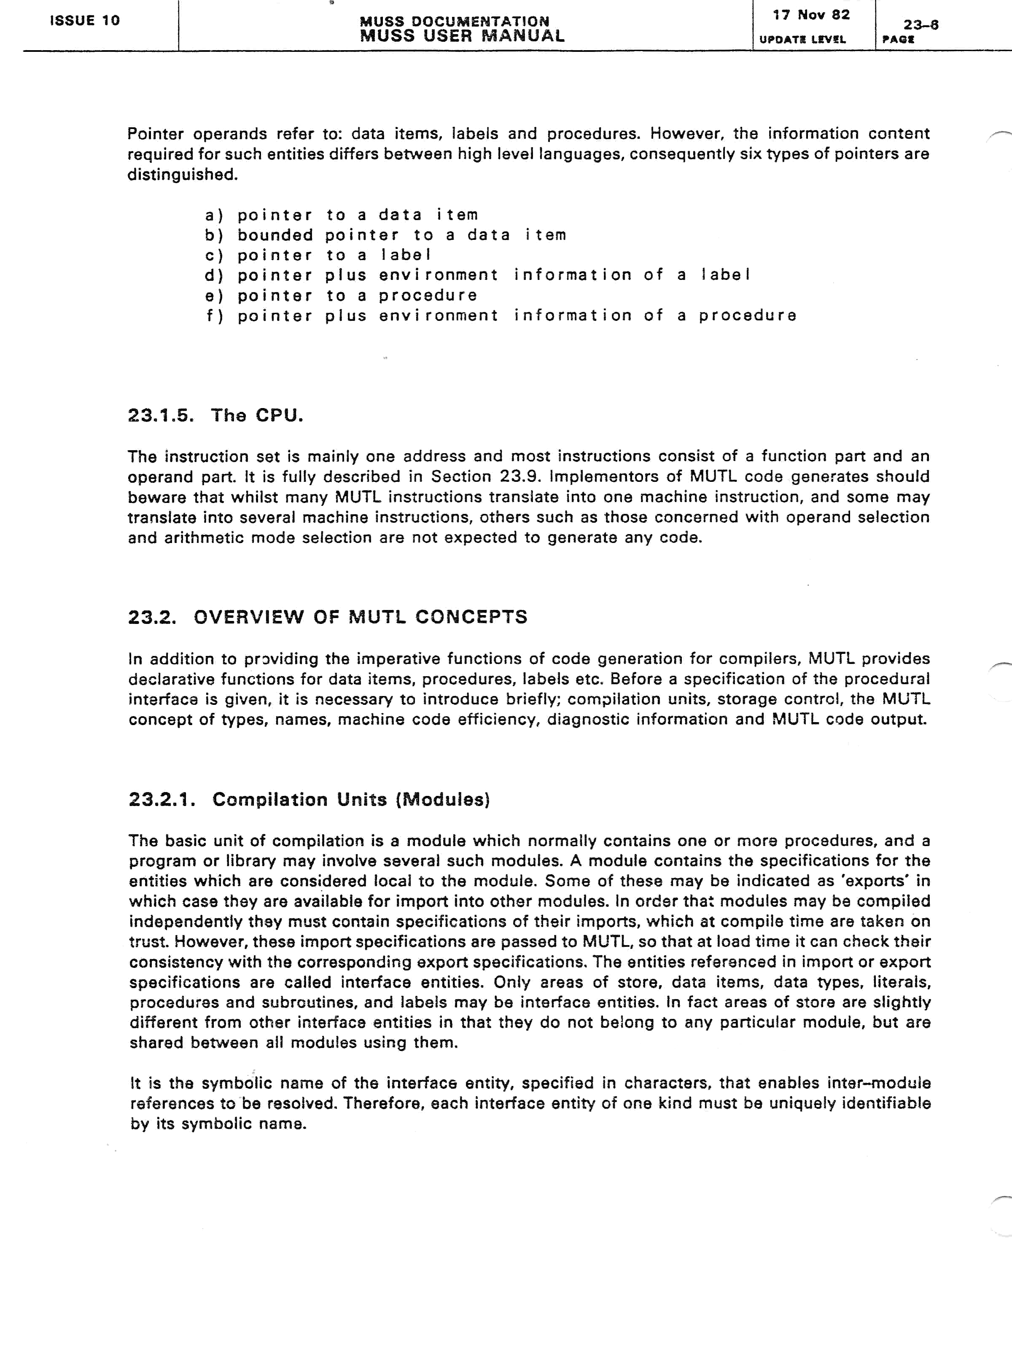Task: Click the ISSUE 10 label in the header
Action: [x=85, y=20]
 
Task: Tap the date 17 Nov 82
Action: [x=811, y=15]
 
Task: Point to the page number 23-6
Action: [x=920, y=25]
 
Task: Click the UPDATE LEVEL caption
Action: [x=802, y=40]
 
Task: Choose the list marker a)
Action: [x=214, y=215]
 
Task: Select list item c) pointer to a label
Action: [x=318, y=255]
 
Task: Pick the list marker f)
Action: [x=214, y=316]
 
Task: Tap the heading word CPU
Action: [x=279, y=416]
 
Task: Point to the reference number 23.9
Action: [x=522, y=477]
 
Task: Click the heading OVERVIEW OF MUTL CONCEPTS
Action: [x=360, y=617]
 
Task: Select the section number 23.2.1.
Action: [x=162, y=800]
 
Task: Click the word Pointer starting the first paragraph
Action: [x=155, y=134]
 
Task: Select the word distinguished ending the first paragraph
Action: [x=182, y=175]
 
